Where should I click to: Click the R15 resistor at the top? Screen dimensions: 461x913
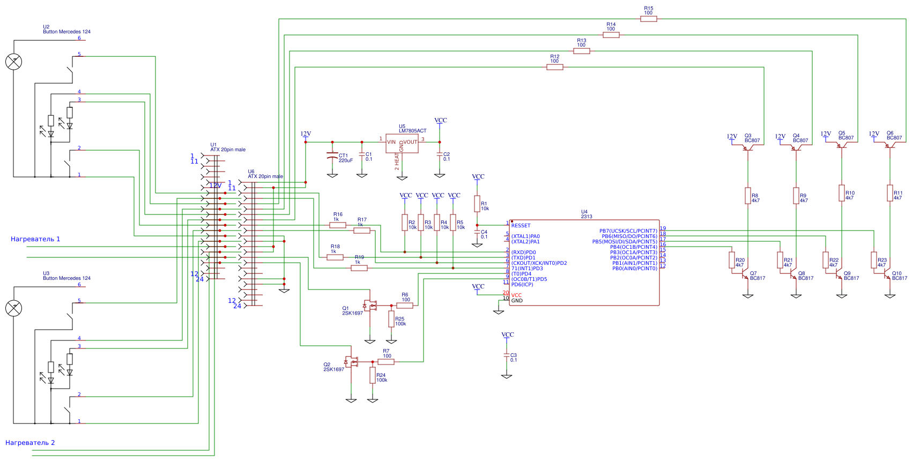648,19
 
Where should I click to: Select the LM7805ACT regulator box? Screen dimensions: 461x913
402,143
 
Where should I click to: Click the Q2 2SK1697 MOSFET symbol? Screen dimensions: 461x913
352,362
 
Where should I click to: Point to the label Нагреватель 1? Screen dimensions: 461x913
35,239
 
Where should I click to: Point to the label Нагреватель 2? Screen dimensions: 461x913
30,443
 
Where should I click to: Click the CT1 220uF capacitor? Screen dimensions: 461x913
332,156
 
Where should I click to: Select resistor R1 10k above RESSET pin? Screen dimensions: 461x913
477,204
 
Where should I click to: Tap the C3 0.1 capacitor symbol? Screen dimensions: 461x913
507,355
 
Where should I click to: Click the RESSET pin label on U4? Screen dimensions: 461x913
521,226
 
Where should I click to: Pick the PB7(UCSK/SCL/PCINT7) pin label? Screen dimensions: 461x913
628,231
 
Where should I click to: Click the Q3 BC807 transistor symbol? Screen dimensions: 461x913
748,147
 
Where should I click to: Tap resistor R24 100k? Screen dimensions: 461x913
373,375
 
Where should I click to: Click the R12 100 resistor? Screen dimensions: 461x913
554,67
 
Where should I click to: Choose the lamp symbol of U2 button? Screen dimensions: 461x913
13,62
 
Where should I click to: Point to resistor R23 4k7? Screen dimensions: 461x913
874,260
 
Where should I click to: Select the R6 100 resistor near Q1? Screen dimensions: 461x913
405,306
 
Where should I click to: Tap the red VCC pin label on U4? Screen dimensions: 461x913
516,295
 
